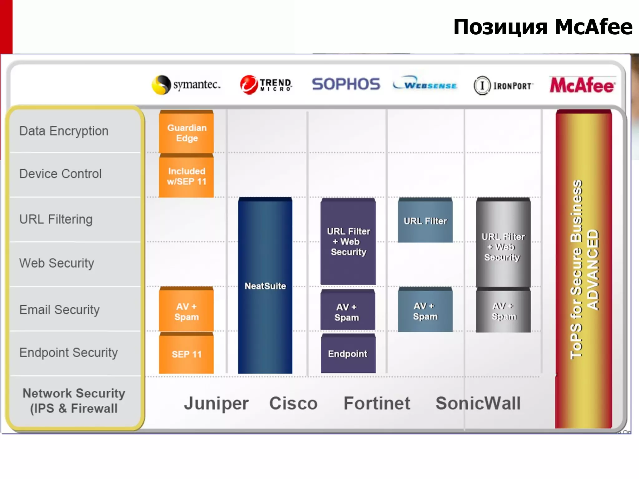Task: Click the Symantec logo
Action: point(186,85)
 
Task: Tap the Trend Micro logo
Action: point(266,85)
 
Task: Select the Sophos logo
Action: point(346,84)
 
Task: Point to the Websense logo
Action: point(425,84)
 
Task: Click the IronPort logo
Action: point(503,85)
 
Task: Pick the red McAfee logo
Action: point(582,85)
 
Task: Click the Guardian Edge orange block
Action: point(187,133)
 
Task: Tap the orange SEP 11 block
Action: point(187,354)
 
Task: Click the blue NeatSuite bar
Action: point(265,286)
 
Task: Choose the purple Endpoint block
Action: point(348,354)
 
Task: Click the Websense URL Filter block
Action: point(425,221)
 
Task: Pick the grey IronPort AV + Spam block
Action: point(503,311)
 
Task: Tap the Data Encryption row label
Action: point(64,131)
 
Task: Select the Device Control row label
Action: point(61,174)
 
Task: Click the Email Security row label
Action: point(60,310)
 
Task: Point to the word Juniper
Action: point(216,404)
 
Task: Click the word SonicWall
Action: point(478,403)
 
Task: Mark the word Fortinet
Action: point(377,403)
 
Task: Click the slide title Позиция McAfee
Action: point(543,27)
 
